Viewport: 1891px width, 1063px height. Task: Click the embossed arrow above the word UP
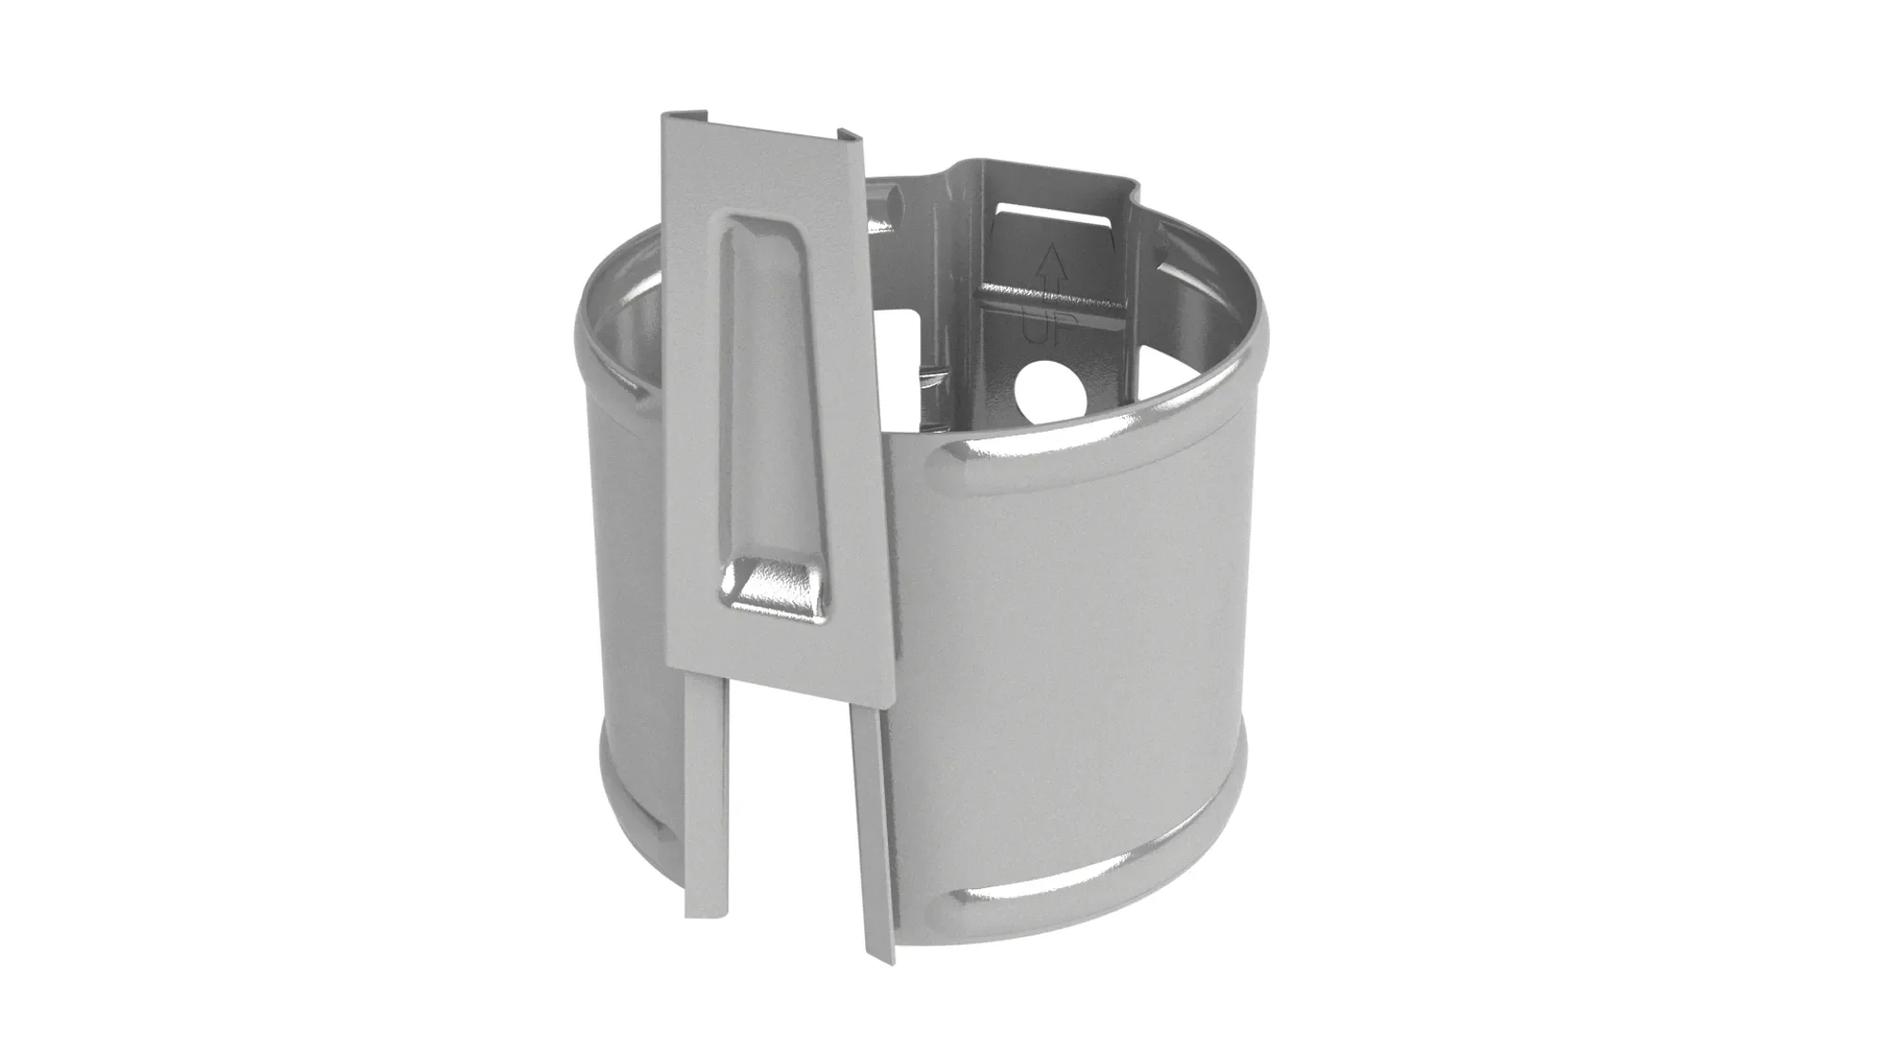click(1049, 274)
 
